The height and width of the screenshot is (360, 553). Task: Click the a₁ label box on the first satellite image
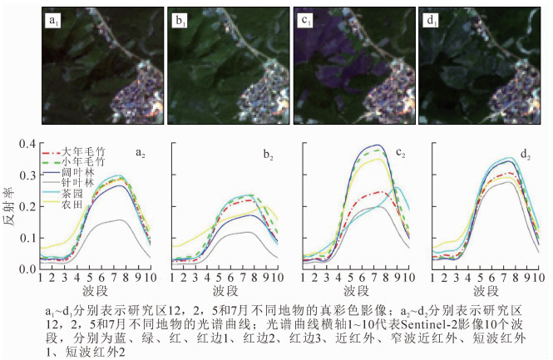pyautogui.click(x=52, y=18)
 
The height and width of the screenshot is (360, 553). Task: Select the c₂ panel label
pyautogui.click(x=400, y=153)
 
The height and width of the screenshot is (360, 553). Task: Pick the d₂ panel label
pyautogui.click(x=527, y=155)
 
